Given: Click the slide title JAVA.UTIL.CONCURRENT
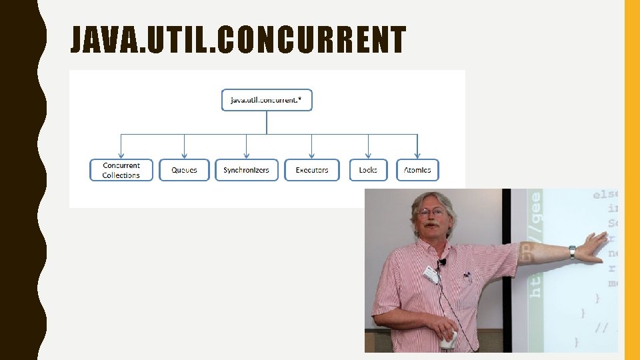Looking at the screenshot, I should tap(238, 40).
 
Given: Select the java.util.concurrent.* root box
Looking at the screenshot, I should tap(267, 100).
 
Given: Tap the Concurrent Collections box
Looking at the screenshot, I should tap(121, 170).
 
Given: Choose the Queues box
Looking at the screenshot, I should tap(184, 170).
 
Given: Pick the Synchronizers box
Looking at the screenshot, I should tap(246, 170).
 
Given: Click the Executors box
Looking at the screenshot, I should tap(312, 170).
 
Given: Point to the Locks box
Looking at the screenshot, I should tap(368, 170).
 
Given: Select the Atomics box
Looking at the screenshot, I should tap(417, 170).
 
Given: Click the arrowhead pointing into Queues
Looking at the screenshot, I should tap(184, 155).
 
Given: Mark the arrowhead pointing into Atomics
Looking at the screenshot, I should tap(417, 155).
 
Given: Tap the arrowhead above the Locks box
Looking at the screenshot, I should tap(368, 155).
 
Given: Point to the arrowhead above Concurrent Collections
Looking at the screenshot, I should tap(121, 155).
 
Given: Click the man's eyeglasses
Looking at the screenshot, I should tap(431, 212).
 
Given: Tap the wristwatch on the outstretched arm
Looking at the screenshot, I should tap(572, 252).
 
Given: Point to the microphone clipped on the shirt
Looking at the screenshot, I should tap(442, 262).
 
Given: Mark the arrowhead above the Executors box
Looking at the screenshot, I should tap(312, 155).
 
